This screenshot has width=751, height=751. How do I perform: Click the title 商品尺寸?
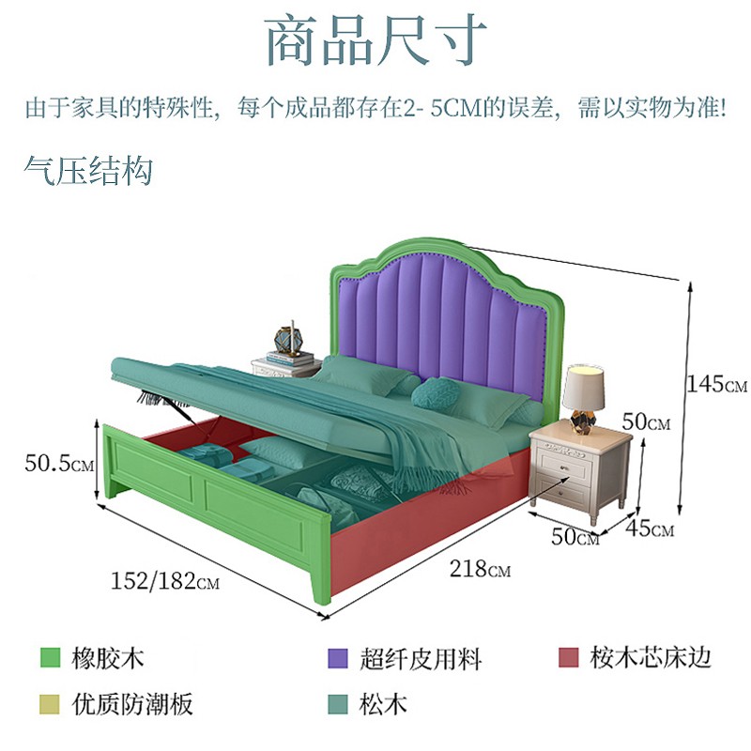375,39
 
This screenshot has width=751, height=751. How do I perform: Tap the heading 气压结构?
89,171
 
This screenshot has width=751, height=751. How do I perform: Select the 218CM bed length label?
480,569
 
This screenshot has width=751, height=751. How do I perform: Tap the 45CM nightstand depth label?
650,529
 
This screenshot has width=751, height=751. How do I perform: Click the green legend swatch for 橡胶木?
51,658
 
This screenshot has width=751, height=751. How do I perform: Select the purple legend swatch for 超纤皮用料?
338,658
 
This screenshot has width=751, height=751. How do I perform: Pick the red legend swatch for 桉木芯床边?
567,658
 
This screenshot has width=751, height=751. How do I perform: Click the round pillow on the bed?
436,391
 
